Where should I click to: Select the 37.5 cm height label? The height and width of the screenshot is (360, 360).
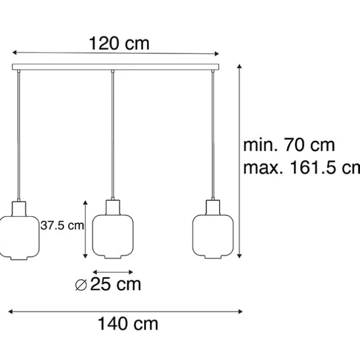[62, 226]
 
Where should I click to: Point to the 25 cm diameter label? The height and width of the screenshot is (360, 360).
[115, 285]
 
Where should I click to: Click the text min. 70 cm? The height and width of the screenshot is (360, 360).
[289, 145]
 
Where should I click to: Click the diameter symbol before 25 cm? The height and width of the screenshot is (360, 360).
[81, 285]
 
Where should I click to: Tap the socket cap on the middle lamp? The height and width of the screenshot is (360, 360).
[112, 205]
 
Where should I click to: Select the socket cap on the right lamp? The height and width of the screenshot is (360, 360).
[212, 205]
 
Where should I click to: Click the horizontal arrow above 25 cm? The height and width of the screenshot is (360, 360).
[112, 272]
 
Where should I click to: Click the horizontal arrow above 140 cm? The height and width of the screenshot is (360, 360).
[126, 311]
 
